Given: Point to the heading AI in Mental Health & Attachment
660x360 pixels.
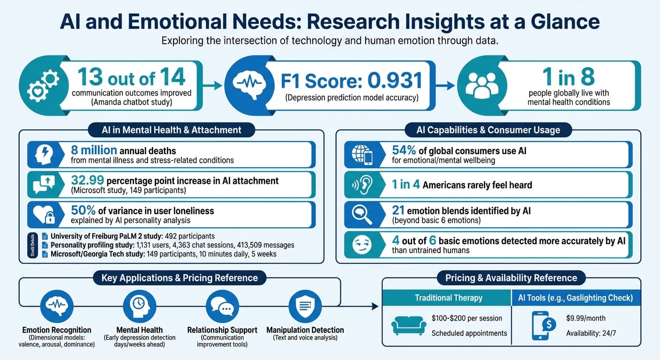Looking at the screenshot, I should (172, 130).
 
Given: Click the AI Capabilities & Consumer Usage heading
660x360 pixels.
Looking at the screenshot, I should (488, 130).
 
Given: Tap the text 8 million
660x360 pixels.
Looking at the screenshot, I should (93, 150).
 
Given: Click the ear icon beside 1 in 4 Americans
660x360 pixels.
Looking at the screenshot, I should (361, 185).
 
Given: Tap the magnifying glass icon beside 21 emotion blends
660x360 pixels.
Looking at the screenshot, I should (361, 215).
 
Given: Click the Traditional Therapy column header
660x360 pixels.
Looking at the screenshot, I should (448, 298).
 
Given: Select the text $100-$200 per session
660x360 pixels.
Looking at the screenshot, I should (466, 318).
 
